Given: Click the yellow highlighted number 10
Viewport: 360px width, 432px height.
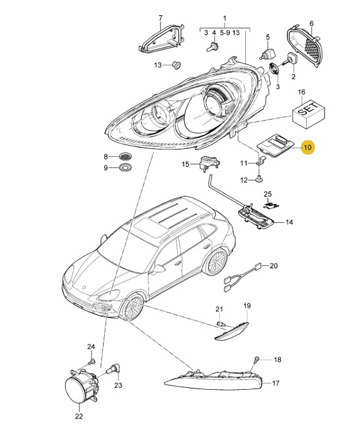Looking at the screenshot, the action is (x=307, y=148).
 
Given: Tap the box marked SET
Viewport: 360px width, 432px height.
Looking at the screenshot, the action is (x=308, y=113).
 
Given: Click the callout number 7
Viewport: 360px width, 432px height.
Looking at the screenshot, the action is (x=161, y=18).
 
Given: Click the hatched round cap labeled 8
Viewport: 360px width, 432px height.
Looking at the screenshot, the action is (x=125, y=156).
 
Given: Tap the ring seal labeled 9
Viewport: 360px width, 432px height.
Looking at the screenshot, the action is (x=125, y=167).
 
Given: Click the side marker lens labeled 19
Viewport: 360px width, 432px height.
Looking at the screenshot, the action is (x=232, y=330).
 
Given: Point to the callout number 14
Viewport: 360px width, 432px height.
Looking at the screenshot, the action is (x=289, y=222).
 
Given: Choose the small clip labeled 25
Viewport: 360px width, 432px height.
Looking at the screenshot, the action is (x=271, y=205).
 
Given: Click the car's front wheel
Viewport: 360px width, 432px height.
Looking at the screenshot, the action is (x=134, y=308).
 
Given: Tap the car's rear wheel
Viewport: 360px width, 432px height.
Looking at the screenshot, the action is (x=216, y=262).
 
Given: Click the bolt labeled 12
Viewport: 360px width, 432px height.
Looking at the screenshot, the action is (x=259, y=179).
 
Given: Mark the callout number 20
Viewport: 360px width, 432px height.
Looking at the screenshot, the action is (x=274, y=265).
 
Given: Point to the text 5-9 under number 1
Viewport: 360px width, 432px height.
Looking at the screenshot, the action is (x=224, y=33).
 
